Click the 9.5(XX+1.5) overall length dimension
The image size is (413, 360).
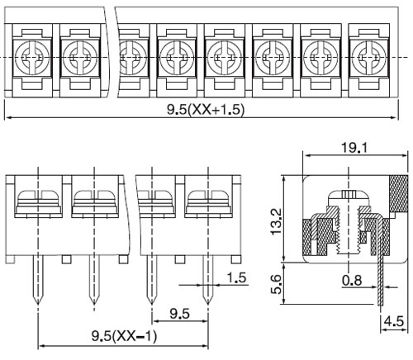(206, 110)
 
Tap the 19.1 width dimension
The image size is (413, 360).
(354, 148)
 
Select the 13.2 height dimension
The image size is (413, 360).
(277, 221)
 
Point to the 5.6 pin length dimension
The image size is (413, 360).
(277, 284)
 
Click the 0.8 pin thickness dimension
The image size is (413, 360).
(352, 281)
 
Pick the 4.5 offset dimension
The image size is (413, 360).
(394, 321)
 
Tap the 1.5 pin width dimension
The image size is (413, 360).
(236, 277)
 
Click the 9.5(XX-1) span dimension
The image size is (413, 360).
(124, 336)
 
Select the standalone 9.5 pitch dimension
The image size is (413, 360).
(179, 314)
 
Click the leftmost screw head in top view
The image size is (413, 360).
(32, 58)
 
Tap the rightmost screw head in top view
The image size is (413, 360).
(368, 58)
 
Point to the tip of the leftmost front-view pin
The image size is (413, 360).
(38, 304)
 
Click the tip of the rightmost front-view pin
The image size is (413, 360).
(208, 304)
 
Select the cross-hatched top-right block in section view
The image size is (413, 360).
(398, 193)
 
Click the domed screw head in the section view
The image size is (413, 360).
(349, 197)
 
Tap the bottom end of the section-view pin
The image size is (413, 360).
(380, 305)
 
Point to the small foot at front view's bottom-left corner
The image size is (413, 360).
(10, 259)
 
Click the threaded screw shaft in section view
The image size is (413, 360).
(349, 231)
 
